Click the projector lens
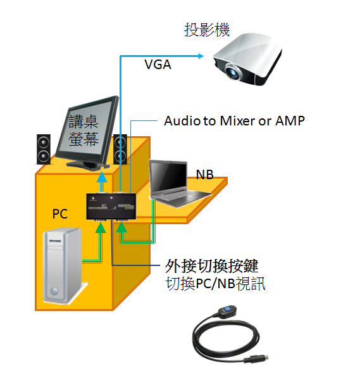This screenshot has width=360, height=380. [233, 72]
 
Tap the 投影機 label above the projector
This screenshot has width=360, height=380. [207, 30]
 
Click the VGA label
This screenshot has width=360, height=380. [158, 65]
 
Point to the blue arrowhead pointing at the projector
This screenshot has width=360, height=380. [201, 56]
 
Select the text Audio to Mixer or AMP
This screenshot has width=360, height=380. [234, 121]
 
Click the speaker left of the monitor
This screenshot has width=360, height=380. [44, 149]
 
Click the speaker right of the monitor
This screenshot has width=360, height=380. [120, 149]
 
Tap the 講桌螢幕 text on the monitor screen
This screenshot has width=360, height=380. [84, 130]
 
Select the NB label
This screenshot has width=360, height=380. [204, 175]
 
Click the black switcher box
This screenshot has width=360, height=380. [111, 206]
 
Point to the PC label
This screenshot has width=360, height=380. [60, 214]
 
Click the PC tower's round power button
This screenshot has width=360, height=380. [54, 291]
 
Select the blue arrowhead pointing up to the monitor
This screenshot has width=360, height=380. [102, 177]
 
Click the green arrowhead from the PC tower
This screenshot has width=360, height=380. [101, 227]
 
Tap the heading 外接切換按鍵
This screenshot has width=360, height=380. [212, 266]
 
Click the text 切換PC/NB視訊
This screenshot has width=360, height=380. [215, 283]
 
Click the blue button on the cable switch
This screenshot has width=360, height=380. [228, 310]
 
